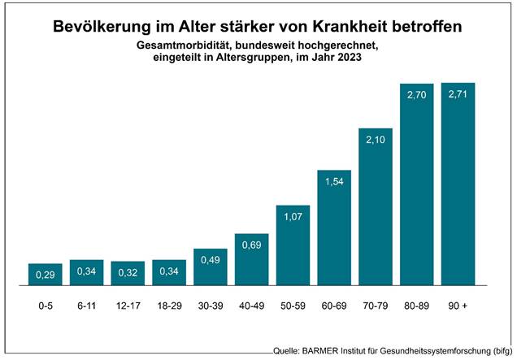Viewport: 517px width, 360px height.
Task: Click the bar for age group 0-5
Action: coord(45,276)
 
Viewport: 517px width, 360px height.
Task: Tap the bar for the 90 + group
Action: coord(458,185)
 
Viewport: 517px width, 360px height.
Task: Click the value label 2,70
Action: coord(416,95)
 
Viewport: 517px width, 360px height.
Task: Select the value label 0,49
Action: coord(210,262)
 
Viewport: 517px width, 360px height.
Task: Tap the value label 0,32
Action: coord(128,273)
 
